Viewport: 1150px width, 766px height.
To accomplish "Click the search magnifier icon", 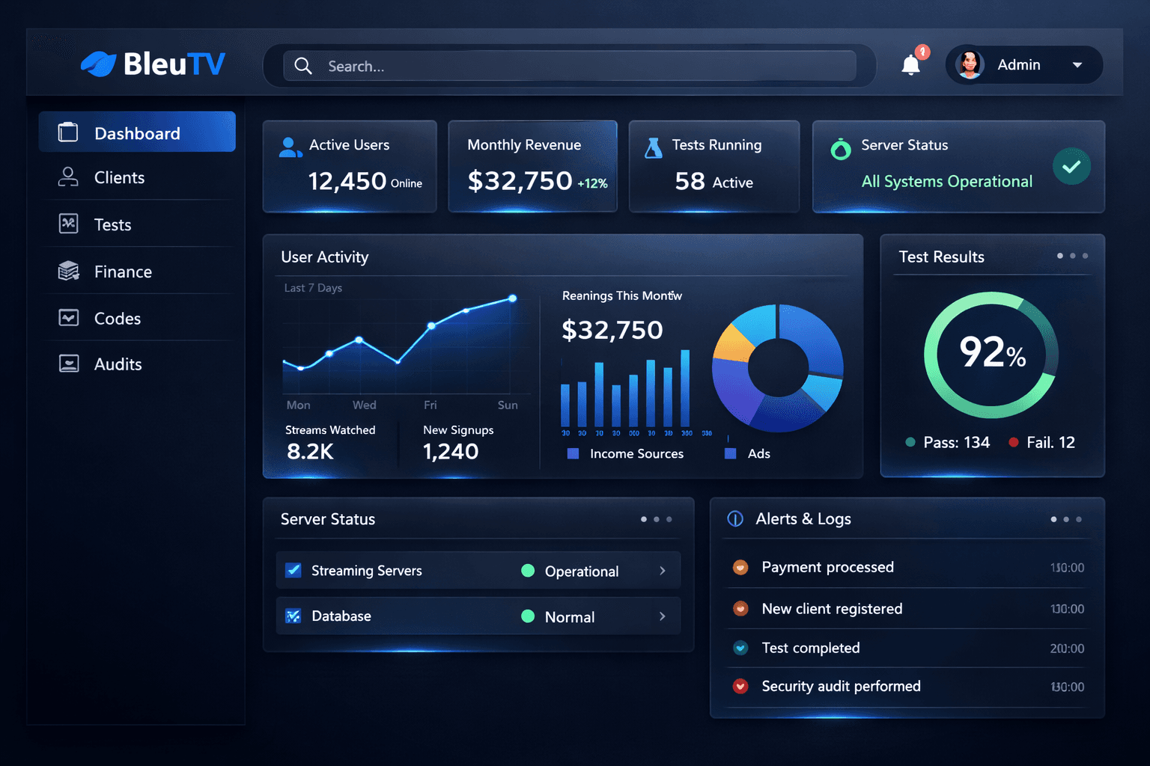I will point(303,66).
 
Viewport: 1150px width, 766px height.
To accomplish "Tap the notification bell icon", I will point(910,66).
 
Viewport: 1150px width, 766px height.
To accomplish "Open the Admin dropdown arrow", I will point(1077,65).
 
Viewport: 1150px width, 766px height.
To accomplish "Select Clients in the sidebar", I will point(119,177).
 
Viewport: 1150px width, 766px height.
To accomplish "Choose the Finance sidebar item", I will point(123,272).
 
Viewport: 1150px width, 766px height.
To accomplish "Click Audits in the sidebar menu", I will point(118,364).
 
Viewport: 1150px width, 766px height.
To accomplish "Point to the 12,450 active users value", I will point(347,181).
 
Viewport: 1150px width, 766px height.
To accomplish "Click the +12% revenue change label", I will point(592,183).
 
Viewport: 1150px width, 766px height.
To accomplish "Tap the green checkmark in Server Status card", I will point(1071,166).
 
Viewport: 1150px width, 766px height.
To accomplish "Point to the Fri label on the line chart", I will point(431,405).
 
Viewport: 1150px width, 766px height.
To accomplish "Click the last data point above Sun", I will point(513,298).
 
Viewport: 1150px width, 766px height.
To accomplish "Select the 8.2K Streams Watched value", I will point(310,451).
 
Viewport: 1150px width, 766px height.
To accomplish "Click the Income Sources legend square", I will point(574,453).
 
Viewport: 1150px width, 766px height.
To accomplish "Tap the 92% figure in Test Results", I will point(992,352).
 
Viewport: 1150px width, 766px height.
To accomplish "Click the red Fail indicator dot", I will point(1013,442).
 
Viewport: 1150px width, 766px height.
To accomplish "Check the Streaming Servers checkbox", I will point(293,571).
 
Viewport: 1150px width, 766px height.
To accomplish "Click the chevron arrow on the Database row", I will point(663,616).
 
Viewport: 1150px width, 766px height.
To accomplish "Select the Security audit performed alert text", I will point(841,686).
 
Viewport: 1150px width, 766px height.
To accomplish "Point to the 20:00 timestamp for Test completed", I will point(1067,649).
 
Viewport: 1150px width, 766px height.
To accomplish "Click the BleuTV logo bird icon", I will point(98,64).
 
